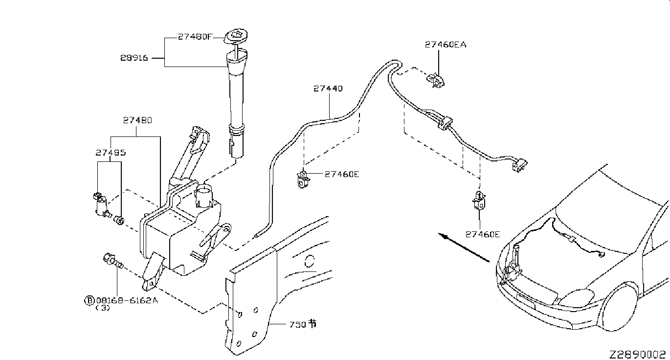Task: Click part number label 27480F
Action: tap(195, 37)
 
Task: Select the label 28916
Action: tap(134, 58)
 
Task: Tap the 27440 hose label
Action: tap(328, 89)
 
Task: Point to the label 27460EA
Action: tap(446, 45)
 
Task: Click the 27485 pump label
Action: tap(111, 153)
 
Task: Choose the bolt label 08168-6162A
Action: tap(127, 300)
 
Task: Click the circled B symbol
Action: tap(89, 300)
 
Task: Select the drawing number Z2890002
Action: tap(638, 355)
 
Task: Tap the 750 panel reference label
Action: tap(303, 324)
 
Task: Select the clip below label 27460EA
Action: tap(435, 81)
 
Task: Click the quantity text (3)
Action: tap(103, 308)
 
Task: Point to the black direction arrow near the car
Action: tap(464, 247)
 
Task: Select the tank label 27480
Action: tap(137, 120)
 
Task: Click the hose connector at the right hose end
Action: tap(520, 165)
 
